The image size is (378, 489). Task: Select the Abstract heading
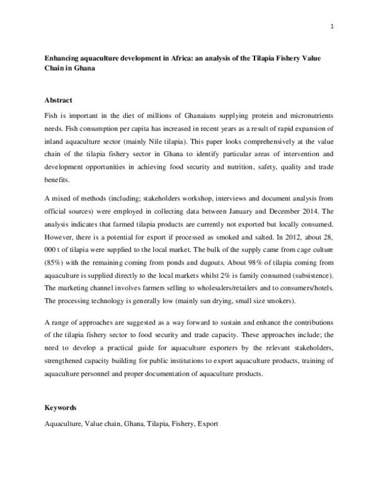click(58, 100)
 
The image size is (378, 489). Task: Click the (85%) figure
click(54, 262)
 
